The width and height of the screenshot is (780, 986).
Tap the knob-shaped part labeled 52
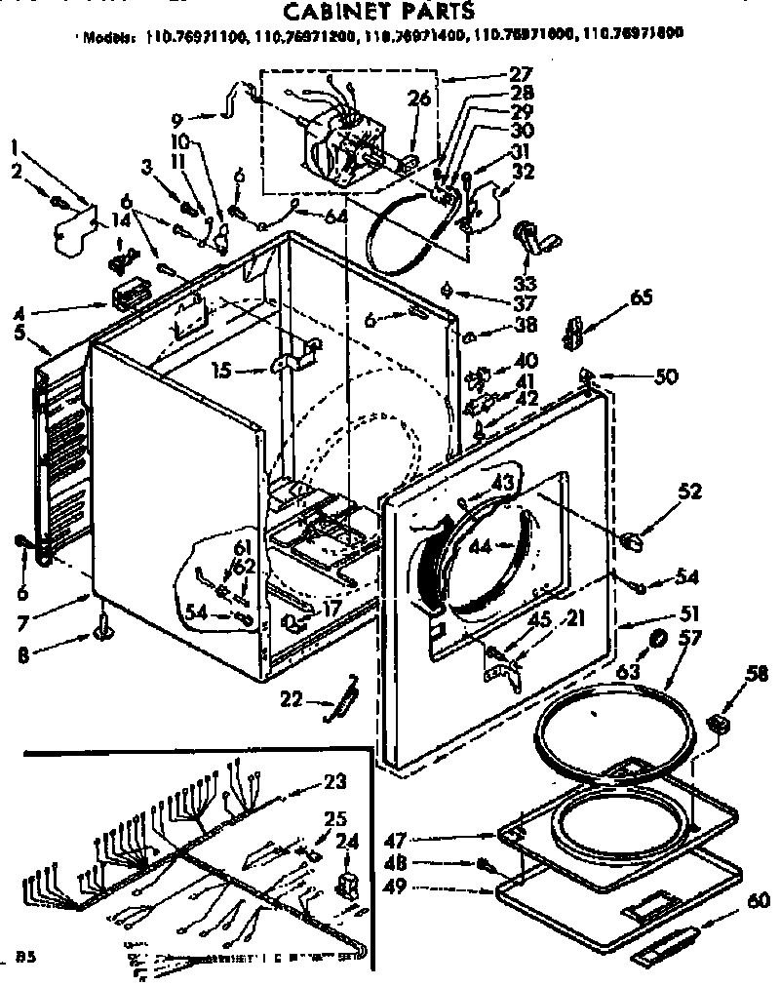point(630,539)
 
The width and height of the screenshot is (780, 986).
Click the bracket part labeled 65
point(573,331)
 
